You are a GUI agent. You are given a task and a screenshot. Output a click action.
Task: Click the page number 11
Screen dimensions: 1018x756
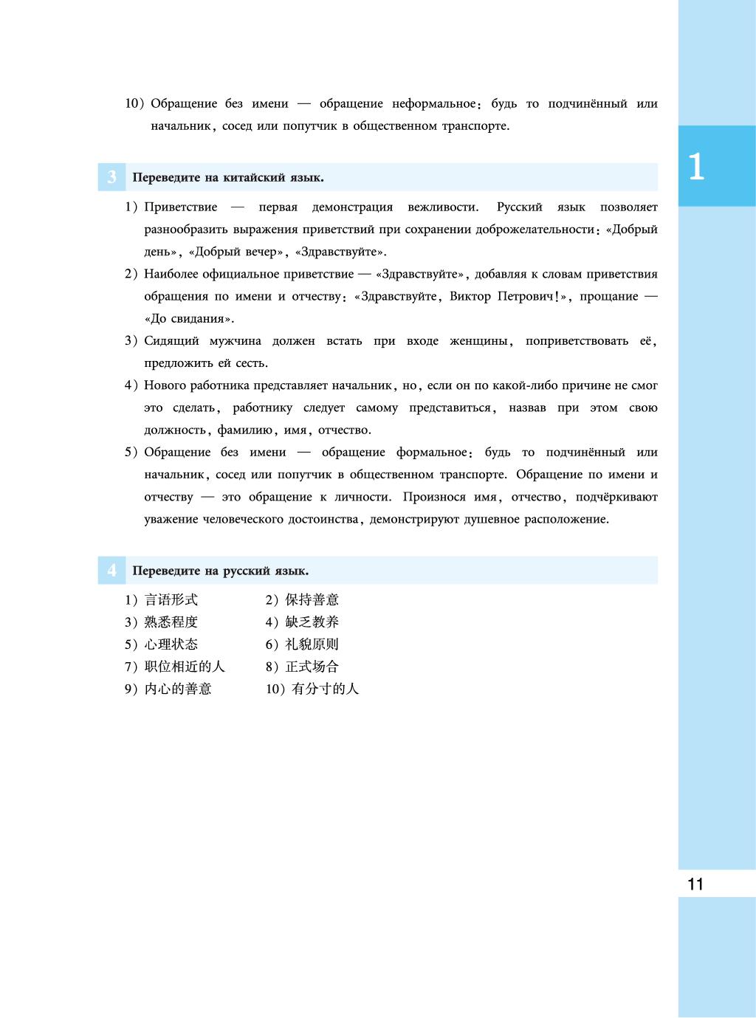pos(695,884)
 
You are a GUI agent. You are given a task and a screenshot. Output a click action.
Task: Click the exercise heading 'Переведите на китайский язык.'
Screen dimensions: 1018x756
pos(228,178)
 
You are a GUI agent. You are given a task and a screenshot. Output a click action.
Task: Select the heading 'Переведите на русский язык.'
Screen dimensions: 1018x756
pos(221,571)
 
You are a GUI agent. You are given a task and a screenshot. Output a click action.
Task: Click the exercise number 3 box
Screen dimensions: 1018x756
pos(111,178)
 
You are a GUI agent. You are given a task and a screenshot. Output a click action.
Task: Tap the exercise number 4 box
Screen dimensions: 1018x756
pos(111,571)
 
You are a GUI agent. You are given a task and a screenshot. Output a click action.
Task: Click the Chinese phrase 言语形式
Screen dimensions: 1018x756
pos(171,600)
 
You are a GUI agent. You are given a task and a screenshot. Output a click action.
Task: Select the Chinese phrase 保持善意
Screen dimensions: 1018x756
pos(312,600)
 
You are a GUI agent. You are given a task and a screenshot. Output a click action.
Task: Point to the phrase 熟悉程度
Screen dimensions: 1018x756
pos(171,622)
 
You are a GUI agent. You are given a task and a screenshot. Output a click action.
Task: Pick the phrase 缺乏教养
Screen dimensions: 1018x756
pos(312,622)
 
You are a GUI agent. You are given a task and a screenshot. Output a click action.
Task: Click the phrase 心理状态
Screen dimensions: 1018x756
pos(171,644)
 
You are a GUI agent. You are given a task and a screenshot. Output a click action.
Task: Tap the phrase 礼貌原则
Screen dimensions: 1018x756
pos(312,644)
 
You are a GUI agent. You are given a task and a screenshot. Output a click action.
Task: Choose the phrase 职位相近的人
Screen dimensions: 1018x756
pos(185,667)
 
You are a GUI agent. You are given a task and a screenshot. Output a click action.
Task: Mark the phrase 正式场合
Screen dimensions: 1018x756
pos(312,667)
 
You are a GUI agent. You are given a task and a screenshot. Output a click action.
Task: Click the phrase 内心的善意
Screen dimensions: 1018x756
pos(178,689)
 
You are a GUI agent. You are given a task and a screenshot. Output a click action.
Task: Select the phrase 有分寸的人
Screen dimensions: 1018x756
pos(326,689)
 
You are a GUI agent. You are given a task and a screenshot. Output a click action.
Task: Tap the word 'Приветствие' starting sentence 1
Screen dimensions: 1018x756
pos(180,207)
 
